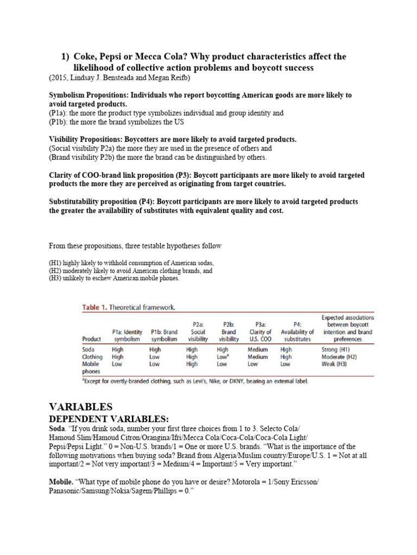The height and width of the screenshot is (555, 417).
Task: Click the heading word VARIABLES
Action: (81, 406)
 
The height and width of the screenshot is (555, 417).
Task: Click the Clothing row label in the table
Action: (92, 357)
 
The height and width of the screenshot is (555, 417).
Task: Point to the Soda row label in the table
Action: (89, 350)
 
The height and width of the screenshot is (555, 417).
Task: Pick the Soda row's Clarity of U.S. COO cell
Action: (258, 350)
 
